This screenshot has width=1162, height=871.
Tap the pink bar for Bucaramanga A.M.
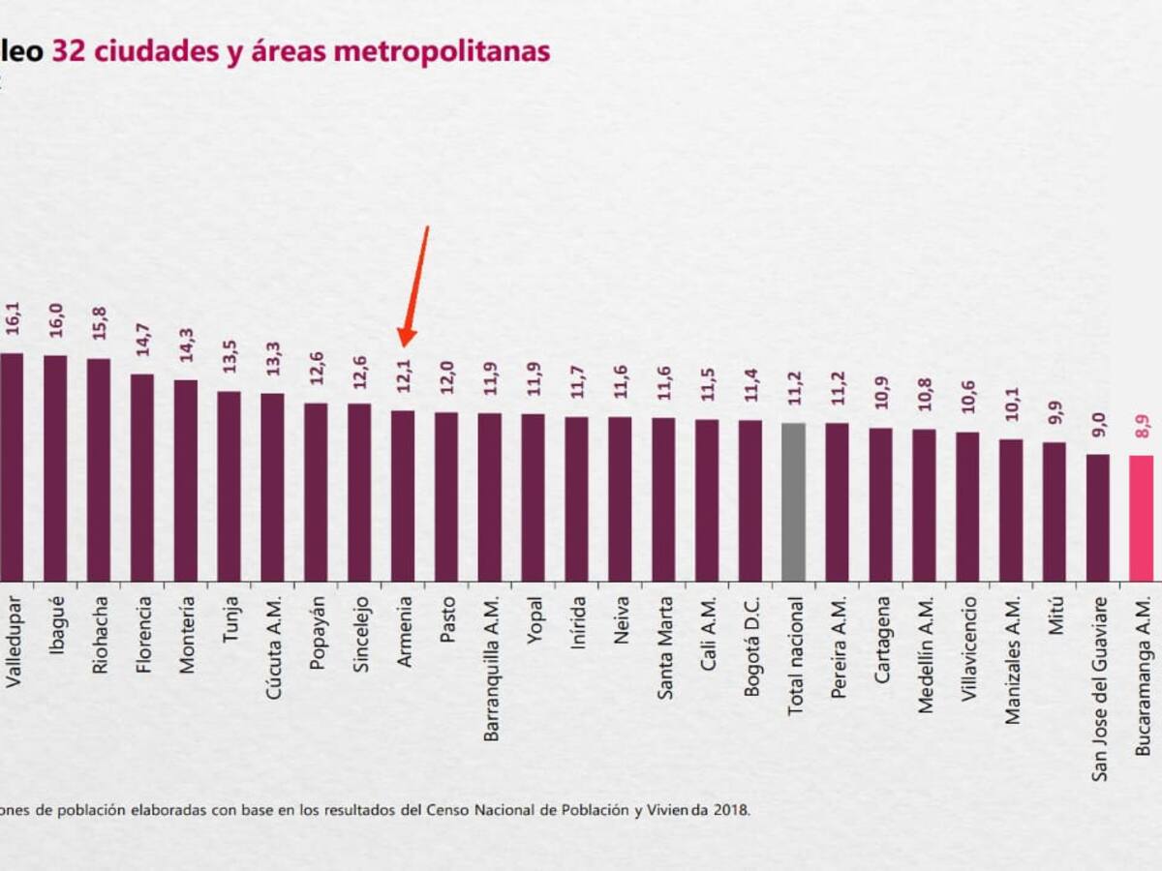click(1141, 518)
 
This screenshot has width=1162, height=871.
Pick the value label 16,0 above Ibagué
click(55, 320)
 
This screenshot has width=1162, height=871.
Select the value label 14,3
click(186, 345)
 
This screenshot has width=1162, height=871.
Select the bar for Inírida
click(576, 498)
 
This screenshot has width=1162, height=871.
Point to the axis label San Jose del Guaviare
click(1098, 689)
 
